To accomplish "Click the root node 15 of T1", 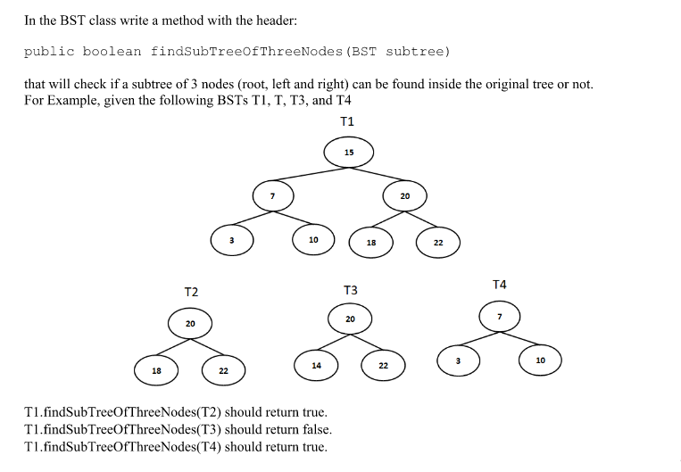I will click(x=349, y=153).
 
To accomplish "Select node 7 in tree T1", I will click(x=274, y=196).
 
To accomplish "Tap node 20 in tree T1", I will click(x=404, y=195).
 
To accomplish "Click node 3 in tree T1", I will click(x=231, y=239).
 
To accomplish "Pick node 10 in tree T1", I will click(x=313, y=239).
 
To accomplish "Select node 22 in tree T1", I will click(x=438, y=242).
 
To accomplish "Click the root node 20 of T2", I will click(x=190, y=323).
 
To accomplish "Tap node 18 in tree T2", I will click(x=156, y=369).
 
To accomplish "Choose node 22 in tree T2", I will click(x=223, y=369).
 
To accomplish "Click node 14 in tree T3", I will click(x=317, y=365).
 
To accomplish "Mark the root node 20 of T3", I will click(x=350, y=319).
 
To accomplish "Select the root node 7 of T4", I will click(x=500, y=317).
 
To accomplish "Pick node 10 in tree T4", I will click(x=540, y=359).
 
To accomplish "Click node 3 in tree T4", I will click(x=458, y=360).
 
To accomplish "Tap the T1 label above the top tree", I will click(x=347, y=120).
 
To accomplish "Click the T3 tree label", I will click(x=350, y=290).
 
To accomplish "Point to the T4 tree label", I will click(x=500, y=284).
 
